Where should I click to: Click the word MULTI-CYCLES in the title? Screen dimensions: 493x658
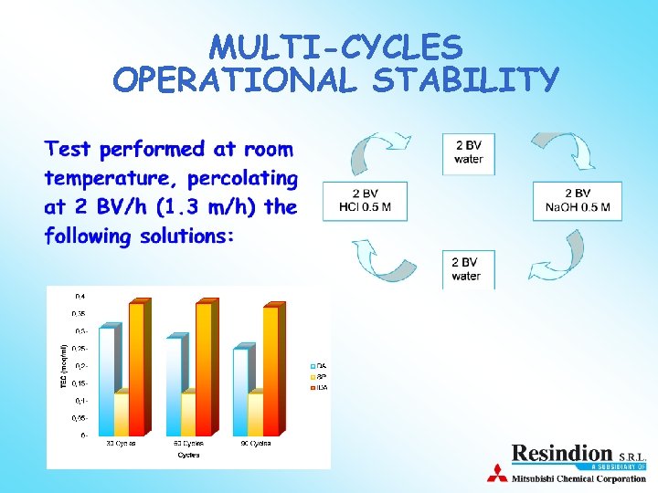pos(335,47)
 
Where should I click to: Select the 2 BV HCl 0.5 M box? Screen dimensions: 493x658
pos(364,201)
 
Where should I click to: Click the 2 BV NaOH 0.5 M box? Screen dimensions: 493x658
pos(577,201)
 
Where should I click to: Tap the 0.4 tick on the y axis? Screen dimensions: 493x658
pos(80,297)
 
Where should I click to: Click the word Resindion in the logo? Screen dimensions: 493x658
pos(562,453)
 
